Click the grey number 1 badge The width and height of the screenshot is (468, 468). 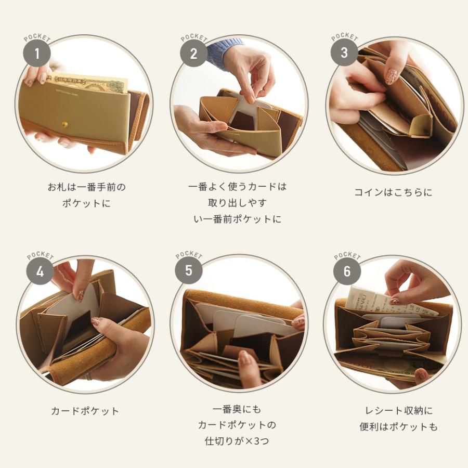(x=37, y=53)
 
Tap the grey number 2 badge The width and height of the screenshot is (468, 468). (x=193, y=54)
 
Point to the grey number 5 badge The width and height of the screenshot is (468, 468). (x=188, y=270)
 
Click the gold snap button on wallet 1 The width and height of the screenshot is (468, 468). (x=65, y=124)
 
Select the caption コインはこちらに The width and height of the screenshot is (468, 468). (x=393, y=192)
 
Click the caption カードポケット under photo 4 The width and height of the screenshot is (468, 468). (x=85, y=411)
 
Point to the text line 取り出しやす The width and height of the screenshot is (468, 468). (x=237, y=203)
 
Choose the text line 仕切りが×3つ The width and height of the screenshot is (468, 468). (x=237, y=441)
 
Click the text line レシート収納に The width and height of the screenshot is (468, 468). (x=398, y=411)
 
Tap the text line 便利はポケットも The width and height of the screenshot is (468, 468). (x=398, y=427)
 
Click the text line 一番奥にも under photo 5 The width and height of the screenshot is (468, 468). (x=237, y=409)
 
